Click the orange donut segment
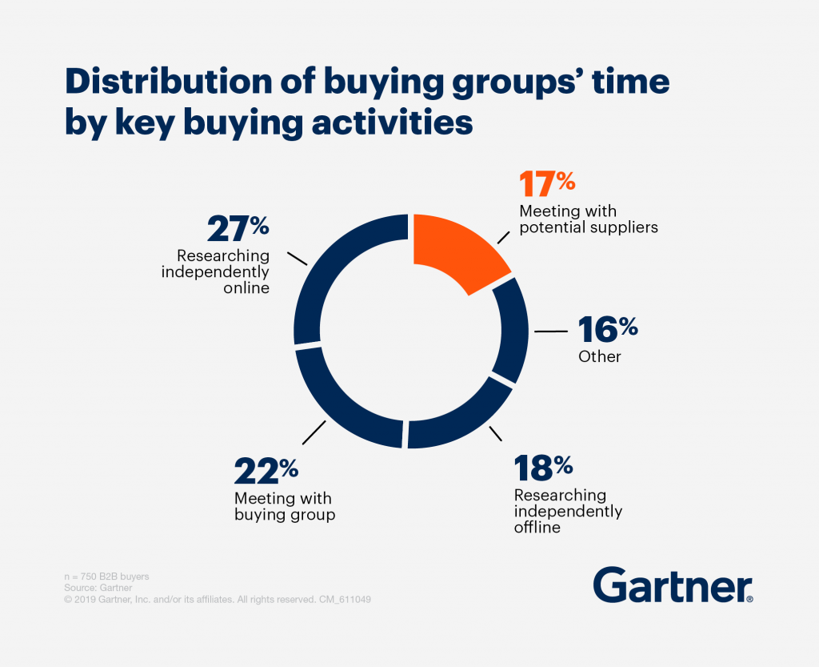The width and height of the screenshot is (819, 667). click(x=456, y=251)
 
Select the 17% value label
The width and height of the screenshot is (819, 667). click(x=547, y=184)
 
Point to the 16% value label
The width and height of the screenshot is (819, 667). click(x=608, y=329)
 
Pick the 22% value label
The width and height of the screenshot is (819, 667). click(x=266, y=472)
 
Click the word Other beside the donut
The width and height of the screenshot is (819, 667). click(x=599, y=356)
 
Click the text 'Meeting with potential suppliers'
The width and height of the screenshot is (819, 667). click(x=588, y=219)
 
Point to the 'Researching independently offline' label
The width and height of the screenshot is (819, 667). click(x=567, y=512)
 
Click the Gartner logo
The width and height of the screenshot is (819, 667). click(x=673, y=585)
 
